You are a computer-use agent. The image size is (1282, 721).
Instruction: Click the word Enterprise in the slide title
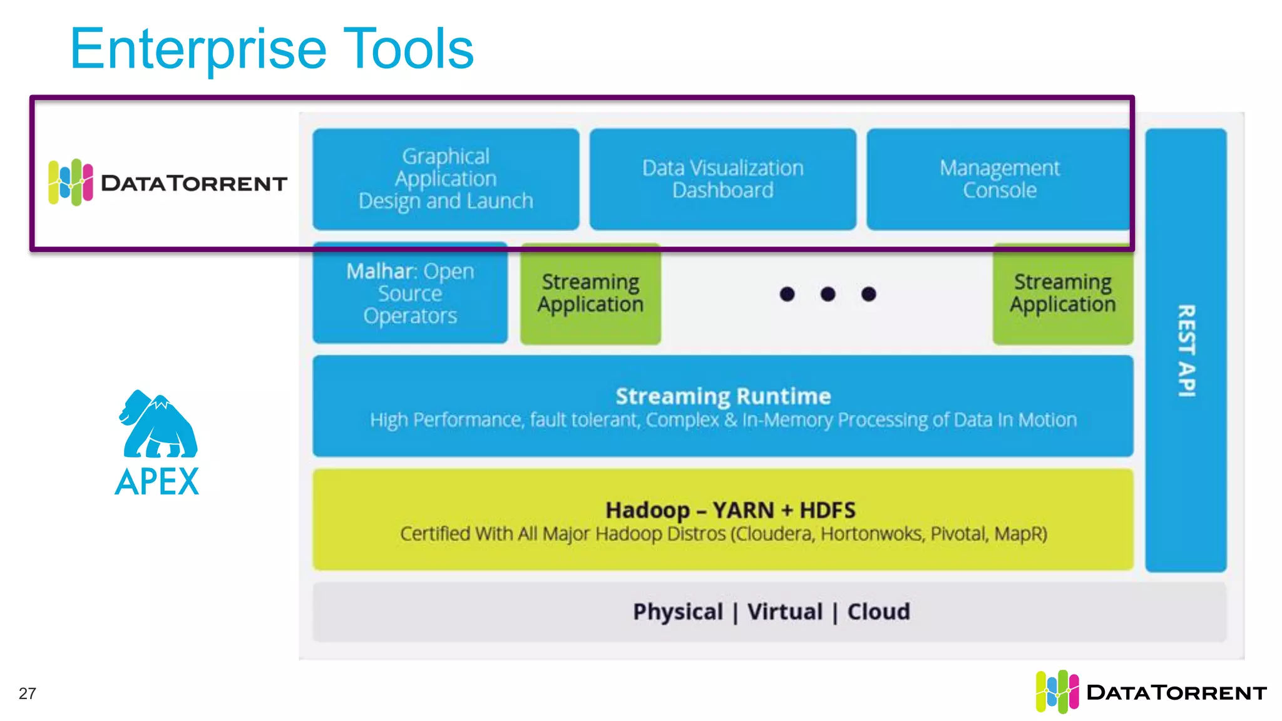[x=198, y=50]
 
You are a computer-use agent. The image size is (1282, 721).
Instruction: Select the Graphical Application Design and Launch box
[x=446, y=179]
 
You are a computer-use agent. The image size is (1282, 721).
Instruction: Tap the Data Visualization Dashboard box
[x=722, y=179]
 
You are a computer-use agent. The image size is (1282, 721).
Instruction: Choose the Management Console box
[x=999, y=179]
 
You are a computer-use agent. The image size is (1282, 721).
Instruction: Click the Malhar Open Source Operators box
[x=410, y=293]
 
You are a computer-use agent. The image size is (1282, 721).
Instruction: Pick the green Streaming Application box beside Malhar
[x=590, y=293]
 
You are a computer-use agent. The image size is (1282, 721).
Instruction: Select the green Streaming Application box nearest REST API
[x=1062, y=293]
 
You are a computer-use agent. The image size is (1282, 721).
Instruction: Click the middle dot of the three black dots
[x=828, y=294]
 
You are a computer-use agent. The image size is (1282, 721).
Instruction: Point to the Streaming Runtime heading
[x=723, y=396]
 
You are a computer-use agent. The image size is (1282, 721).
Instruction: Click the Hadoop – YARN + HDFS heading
[x=730, y=510]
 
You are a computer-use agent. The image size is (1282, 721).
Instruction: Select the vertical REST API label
[x=1186, y=350]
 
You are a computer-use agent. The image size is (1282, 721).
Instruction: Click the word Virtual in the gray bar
[x=785, y=611]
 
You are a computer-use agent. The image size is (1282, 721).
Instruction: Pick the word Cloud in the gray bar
[x=878, y=611]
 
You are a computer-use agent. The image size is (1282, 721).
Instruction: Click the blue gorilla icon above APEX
[x=158, y=424]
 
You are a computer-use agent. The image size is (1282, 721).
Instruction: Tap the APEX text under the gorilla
[x=157, y=482]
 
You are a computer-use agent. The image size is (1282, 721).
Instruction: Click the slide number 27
[x=28, y=693]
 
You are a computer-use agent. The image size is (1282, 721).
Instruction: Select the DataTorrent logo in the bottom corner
[x=1151, y=692]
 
